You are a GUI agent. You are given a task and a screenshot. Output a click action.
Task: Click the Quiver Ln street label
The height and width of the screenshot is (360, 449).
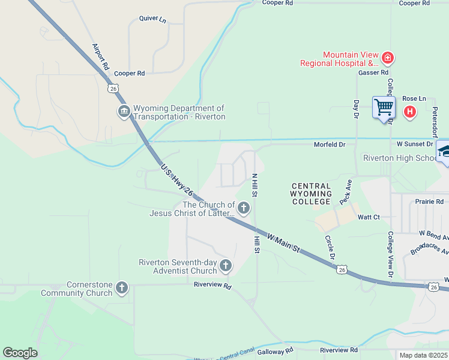point(152,19)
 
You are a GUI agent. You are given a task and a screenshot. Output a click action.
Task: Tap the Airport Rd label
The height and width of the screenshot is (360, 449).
point(100,56)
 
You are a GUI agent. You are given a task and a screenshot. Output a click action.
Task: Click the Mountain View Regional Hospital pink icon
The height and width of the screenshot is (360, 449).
point(388,58)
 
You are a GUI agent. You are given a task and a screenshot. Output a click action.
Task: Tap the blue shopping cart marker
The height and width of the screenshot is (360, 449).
point(383,108)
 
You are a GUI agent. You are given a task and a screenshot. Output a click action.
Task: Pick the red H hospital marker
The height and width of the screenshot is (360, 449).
point(410,111)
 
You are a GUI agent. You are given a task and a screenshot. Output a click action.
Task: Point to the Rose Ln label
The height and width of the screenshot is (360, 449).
point(414,98)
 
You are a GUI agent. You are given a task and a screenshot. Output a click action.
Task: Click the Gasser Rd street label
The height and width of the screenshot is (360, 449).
point(373,73)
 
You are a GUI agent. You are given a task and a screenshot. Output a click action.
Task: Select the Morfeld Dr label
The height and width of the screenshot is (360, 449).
point(330,145)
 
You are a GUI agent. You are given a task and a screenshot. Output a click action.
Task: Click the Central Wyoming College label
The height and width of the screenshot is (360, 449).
point(311,194)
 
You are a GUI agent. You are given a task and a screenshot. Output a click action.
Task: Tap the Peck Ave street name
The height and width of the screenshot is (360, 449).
point(345,192)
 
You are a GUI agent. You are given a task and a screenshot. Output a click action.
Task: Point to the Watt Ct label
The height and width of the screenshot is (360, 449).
point(369,217)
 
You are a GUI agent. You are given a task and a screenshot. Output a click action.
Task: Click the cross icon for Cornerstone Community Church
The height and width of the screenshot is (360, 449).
point(122,288)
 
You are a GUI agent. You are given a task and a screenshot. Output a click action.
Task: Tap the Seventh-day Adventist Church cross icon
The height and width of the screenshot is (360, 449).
point(226,265)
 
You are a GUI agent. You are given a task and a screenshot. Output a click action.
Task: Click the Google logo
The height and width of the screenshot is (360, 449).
point(20,353)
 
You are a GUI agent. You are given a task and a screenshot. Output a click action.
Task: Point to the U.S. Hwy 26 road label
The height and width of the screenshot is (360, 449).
point(177,181)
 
